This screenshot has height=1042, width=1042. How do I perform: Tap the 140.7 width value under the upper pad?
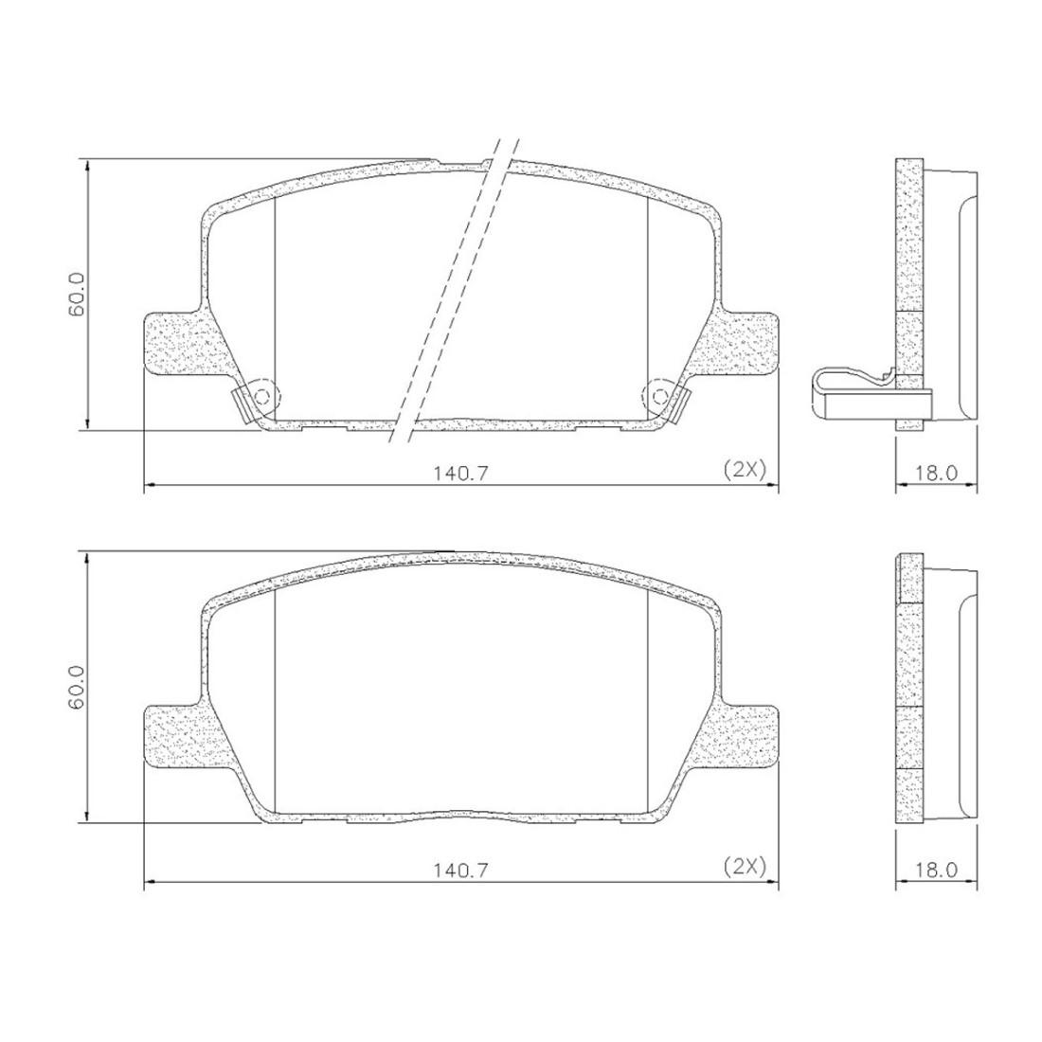461,474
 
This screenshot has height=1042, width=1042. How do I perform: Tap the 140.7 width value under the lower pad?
461,870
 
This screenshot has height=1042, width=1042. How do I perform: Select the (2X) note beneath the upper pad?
745,470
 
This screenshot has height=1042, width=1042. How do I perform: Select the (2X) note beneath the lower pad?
745,866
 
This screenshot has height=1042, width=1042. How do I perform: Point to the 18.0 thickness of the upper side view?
936,474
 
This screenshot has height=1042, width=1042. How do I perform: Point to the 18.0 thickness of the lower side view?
936,870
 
